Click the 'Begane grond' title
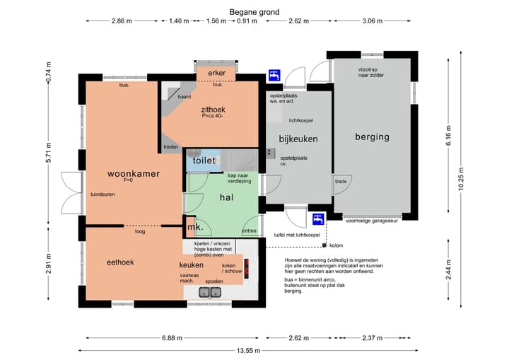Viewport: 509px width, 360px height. [x=255, y=12]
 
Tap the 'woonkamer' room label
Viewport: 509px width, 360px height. [x=134, y=173]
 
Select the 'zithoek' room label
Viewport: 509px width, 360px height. [x=213, y=110]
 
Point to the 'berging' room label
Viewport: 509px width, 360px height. [x=372, y=137]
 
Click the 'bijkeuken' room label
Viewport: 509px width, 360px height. [x=298, y=139]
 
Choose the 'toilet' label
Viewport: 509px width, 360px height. [x=204, y=161]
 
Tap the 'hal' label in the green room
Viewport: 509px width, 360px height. [x=227, y=197]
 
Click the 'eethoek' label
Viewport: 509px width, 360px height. [x=120, y=262]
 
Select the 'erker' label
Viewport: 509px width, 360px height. [x=216, y=73]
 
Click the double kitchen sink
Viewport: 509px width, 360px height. [x=210, y=292]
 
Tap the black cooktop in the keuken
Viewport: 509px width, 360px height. [x=247, y=268]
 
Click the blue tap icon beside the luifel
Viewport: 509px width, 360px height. [x=318, y=219]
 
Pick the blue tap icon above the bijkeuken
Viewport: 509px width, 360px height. [x=274, y=76]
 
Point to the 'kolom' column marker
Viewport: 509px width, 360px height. [x=324, y=245]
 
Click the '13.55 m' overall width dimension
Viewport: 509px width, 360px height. [x=248, y=351]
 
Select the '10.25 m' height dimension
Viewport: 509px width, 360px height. [x=461, y=179]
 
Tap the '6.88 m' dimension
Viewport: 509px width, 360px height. [x=172, y=338]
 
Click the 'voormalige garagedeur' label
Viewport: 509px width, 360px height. [x=372, y=221]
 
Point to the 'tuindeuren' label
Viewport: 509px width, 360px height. [x=103, y=194]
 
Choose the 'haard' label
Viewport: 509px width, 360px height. [x=185, y=97]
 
